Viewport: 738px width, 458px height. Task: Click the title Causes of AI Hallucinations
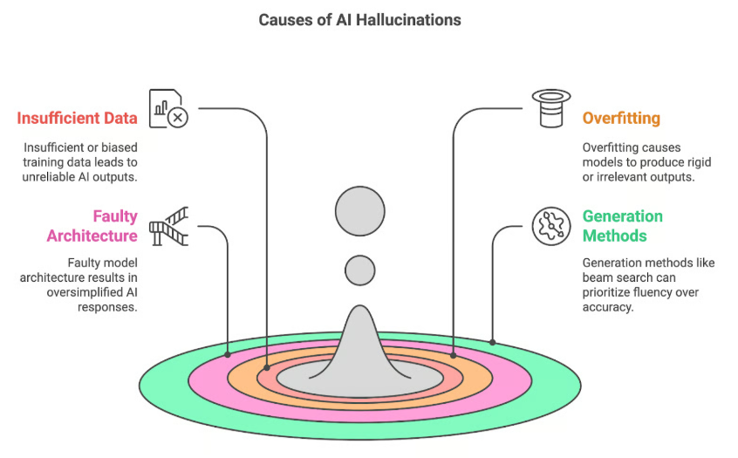(369, 18)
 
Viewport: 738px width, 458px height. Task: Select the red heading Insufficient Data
(77, 118)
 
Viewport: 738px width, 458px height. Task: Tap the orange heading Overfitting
(621, 117)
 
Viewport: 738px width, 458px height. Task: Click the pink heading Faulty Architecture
(92, 226)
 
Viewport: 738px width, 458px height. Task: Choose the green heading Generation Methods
(623, 226)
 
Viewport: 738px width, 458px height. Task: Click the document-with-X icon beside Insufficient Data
(167, 108)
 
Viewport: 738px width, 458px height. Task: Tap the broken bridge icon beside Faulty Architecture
(168, 225)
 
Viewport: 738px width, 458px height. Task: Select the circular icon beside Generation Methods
(551, 226)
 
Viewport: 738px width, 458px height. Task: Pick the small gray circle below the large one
(359, 270)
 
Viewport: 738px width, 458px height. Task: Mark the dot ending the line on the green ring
(493, 342)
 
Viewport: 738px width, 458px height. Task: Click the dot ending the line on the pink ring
(228, 355)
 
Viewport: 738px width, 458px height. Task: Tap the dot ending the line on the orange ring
(454, 355)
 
